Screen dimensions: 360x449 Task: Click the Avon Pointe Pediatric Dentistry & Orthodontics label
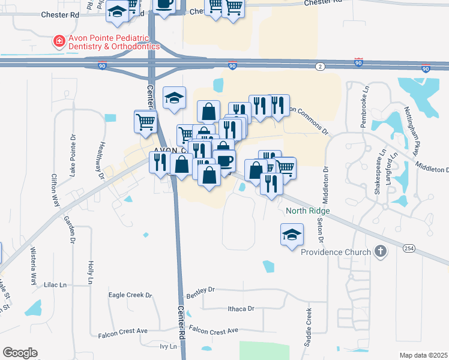coord(113,41)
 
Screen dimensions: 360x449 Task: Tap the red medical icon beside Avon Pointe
coord(59,41)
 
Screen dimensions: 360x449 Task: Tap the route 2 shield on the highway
coord(321,65)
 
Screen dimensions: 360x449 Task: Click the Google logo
coord(20,353)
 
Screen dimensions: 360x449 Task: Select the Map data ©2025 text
coord(423,355)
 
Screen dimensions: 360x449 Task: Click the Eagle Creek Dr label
coord(130,295)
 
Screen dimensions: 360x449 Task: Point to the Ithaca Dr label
coord(241,308)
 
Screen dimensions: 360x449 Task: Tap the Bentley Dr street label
coord(200,292)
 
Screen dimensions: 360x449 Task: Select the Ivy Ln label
coord(169,346)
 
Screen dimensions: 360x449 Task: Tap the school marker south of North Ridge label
coord(291,233)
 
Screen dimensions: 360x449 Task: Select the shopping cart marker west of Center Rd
coord(145,122)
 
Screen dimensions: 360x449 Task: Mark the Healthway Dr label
coord(101,158)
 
